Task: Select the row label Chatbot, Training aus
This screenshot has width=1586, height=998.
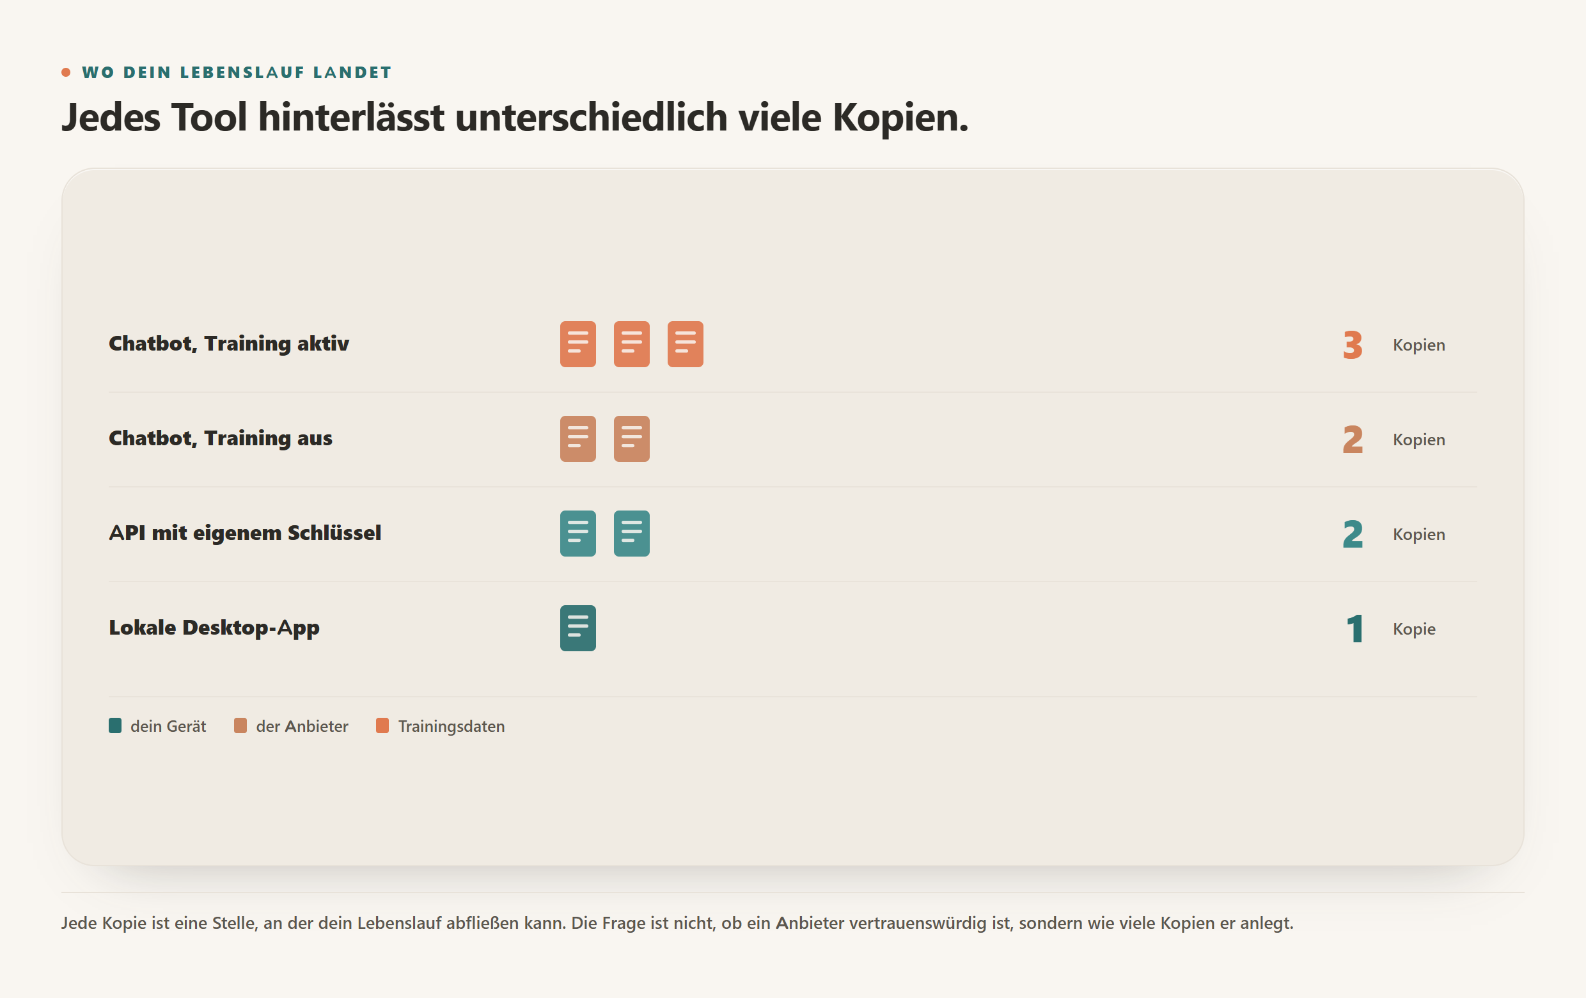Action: point(221,439)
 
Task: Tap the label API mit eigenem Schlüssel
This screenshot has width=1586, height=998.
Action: point(245,533)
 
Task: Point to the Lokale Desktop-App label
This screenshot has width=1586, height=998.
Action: point(214,628)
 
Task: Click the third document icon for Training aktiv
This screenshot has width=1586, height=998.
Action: point(685,344)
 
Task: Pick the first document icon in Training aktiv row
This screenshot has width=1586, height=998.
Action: point(577,344)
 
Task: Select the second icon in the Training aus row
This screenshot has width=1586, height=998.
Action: point(632,439)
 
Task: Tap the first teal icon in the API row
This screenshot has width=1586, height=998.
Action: point(577,534)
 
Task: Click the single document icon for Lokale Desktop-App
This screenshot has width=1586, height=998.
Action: point(577,628)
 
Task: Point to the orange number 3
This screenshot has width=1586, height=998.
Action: point(1352,345)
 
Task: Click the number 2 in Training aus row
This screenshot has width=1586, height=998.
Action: point(1352,440)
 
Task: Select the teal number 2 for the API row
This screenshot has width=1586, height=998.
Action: point(1352,534)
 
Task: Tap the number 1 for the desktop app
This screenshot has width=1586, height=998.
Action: point(1354,629)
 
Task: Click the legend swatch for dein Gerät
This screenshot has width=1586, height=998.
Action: point(114,725)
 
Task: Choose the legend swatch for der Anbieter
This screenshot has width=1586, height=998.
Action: point(240,725)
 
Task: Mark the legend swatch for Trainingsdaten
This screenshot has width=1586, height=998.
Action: point(382,725)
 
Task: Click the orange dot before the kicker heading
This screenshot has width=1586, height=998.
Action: point(66,72)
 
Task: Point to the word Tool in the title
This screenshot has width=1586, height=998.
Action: point(210,117)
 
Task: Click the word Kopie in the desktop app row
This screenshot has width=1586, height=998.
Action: point(1413,629)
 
